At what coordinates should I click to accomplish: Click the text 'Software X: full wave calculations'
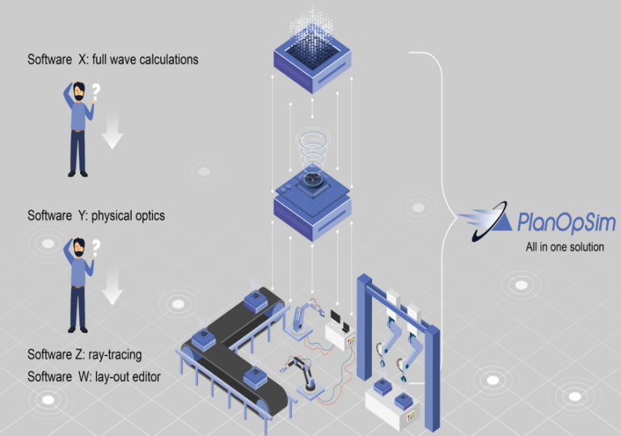tap(112, 59)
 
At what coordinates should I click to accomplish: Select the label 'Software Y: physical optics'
tap(96, 216)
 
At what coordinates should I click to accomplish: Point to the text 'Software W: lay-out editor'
tap(94, 377)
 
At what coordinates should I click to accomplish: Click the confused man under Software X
tap(78, 129)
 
